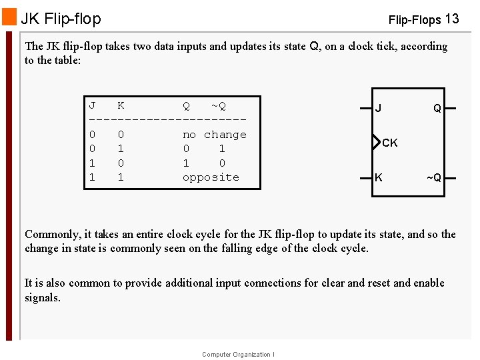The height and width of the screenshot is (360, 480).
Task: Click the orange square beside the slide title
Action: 9,17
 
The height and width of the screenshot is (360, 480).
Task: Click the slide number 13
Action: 451,19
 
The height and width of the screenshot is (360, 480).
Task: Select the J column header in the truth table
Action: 92,105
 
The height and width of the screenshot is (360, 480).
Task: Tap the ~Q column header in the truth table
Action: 218,105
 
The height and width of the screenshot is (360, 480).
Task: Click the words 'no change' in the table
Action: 214,134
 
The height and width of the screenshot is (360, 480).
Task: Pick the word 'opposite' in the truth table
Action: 211,177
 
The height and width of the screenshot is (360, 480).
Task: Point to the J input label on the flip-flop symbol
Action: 378,108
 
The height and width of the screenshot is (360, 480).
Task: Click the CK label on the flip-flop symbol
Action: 390,143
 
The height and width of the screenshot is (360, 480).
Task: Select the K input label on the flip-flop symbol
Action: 379,177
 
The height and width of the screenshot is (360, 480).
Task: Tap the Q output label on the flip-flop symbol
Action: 437,108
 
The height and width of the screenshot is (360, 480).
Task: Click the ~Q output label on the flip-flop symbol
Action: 434,177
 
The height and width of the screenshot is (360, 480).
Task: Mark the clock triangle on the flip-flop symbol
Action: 375,143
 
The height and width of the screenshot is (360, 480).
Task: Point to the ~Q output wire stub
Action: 451,177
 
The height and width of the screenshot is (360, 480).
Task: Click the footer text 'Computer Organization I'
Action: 238,355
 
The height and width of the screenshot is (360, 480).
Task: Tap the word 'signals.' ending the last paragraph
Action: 43,298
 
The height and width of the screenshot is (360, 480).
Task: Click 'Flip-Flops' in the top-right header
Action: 414,20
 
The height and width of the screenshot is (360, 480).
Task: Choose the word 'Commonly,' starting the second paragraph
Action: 53,234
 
